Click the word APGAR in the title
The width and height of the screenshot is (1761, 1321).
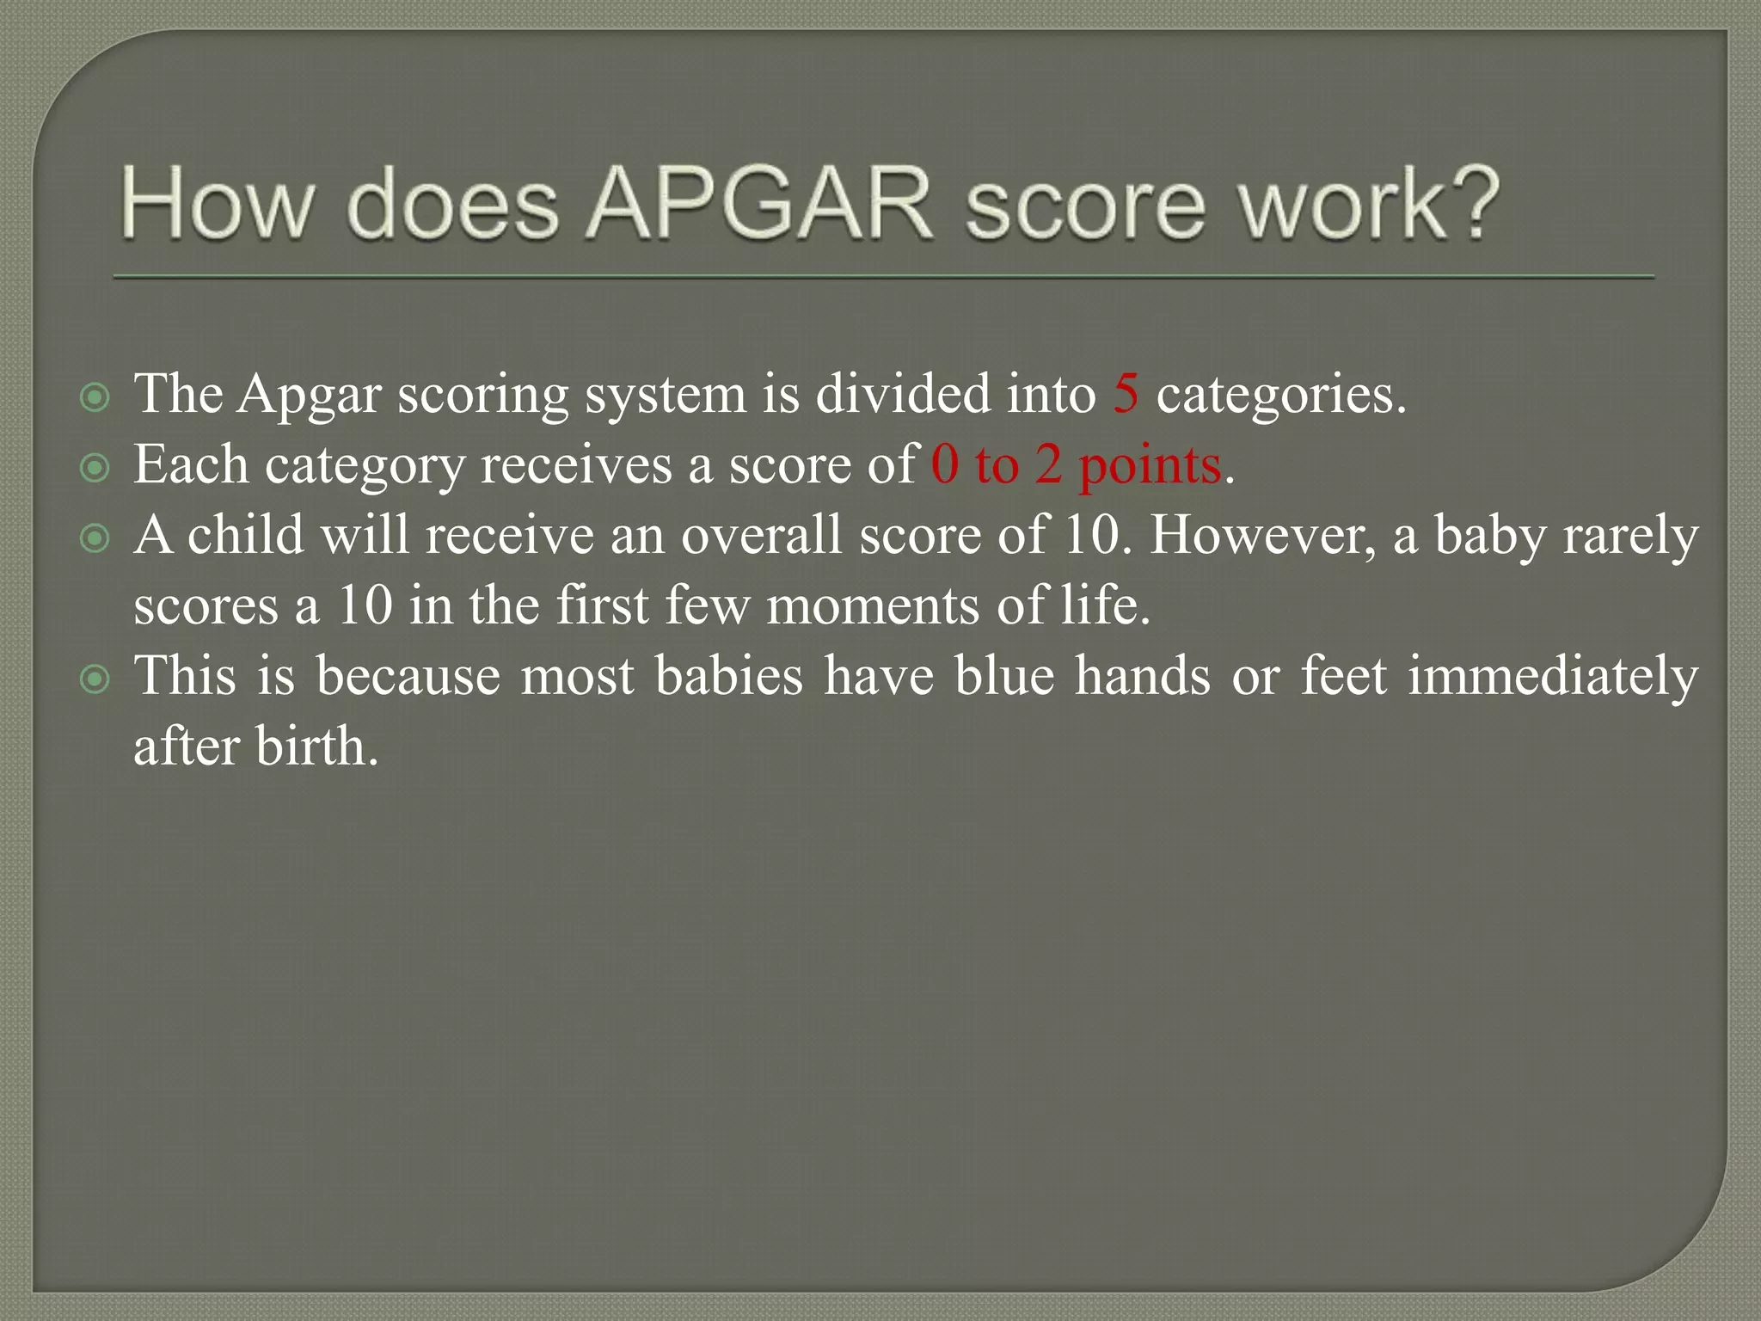759,205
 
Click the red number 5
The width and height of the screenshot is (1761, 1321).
1125,394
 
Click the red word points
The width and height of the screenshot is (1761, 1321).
1150,466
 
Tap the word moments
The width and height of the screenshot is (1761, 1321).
873,605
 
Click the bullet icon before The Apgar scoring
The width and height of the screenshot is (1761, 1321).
95,397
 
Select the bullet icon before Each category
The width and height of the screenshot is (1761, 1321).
95,468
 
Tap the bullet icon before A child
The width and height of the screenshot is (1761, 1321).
95,538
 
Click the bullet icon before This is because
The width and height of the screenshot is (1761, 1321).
95,679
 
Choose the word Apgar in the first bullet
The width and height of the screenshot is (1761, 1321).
309,397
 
